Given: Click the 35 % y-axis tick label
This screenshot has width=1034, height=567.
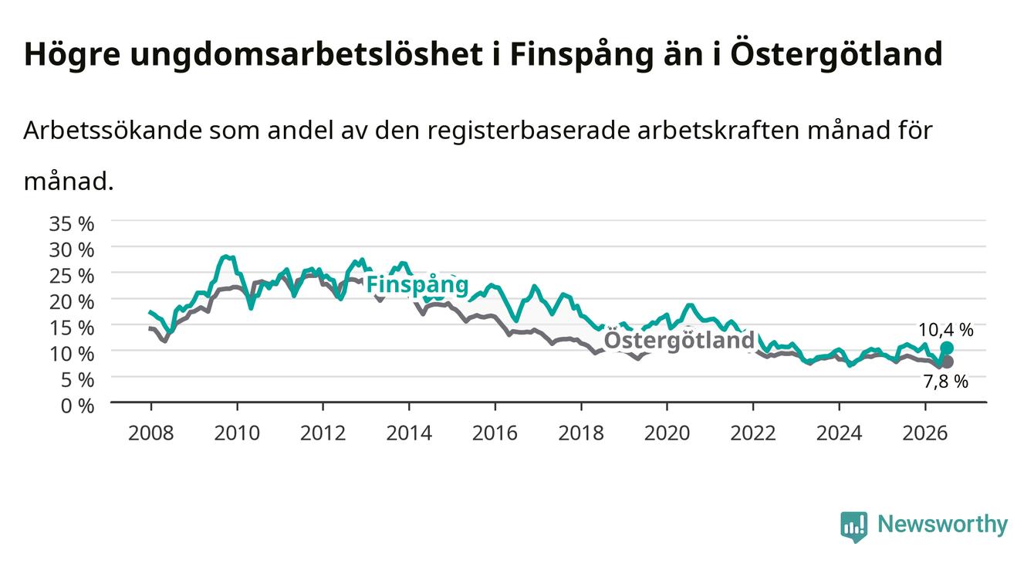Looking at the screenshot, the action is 72,224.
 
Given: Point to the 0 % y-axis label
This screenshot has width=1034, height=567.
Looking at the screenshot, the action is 77,406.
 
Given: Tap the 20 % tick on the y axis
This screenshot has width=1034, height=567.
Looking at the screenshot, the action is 72,302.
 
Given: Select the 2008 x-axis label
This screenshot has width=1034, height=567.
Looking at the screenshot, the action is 150,433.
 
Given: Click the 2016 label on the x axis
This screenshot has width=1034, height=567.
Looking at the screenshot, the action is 495,433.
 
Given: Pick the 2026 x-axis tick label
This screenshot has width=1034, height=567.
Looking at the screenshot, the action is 925,433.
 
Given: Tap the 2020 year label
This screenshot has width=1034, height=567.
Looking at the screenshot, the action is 667,433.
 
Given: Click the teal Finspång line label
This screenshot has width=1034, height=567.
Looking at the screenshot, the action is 417,284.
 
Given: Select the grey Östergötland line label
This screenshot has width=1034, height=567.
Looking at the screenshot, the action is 679,340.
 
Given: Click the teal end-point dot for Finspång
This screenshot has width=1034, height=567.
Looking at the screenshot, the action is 947,348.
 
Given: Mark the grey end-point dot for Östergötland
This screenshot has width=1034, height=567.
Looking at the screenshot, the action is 947,362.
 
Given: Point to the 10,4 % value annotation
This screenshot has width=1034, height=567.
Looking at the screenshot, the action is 946,330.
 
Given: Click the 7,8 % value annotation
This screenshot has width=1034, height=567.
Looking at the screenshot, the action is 946,382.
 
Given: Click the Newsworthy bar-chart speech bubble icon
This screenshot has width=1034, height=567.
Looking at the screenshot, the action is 854,527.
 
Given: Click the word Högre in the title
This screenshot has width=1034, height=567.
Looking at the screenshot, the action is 72,55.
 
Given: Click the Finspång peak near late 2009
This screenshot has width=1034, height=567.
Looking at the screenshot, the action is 225,256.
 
